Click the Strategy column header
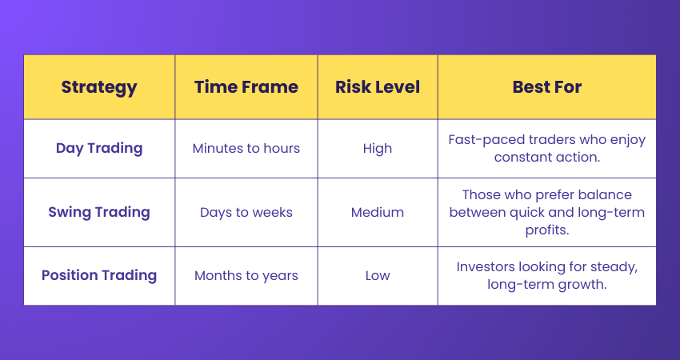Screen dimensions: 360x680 99,87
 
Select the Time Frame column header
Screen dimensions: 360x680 246,87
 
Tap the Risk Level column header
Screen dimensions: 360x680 378,87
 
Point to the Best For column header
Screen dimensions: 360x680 547,87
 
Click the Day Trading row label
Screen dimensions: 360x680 99,148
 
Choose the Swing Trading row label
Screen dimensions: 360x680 99,212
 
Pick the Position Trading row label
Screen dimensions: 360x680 99,275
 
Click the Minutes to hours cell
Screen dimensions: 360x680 246,148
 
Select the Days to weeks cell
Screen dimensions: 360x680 246,212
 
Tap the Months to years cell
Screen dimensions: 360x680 246,275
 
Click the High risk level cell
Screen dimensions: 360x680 378,148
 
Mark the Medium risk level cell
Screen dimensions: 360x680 378,212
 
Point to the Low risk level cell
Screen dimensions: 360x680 378,275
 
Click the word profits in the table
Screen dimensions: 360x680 547,229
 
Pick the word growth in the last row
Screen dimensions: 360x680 586,284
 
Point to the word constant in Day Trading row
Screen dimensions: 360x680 521,157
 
